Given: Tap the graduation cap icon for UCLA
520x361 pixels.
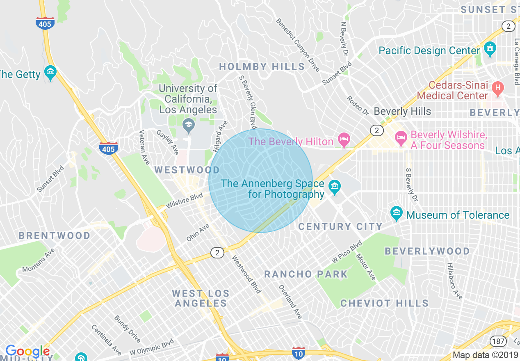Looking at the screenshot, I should (x=188, y=126).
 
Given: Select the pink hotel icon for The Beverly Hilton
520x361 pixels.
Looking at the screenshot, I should (x=344, y=140).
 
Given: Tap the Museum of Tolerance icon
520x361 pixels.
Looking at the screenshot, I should (x=396, y=213).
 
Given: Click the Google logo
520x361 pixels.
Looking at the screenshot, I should (x=27, y=351).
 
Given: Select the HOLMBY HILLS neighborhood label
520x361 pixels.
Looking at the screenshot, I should (x=262, y=66).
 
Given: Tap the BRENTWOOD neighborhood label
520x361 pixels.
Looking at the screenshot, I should (x=55, y=235).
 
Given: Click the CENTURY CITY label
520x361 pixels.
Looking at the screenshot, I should (x=340, y=226).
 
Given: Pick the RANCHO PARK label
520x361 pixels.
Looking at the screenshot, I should (x=306, y=274).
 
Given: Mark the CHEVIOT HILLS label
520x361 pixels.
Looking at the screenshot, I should (x=384, y=303).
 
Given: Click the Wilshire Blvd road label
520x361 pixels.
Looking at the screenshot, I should (x=185, y=201).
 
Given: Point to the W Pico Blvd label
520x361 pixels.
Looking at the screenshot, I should (x=347, y=251).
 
